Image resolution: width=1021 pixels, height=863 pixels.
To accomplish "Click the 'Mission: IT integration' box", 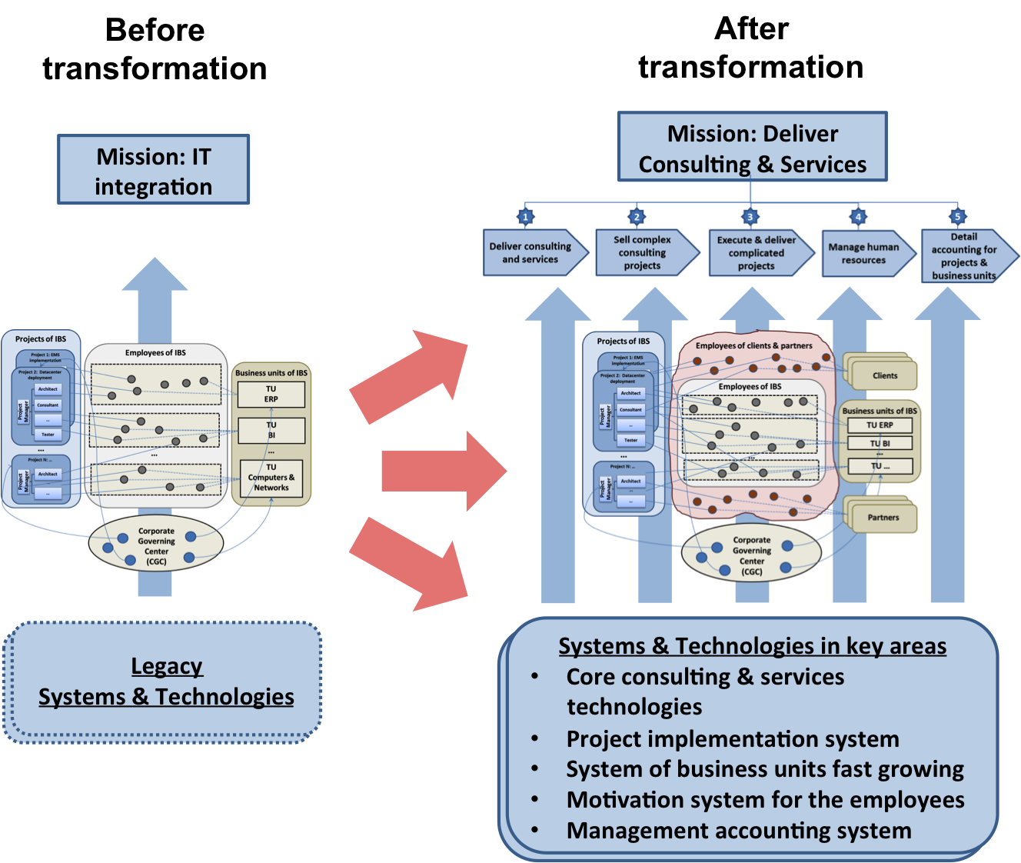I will click(x=154, y=170).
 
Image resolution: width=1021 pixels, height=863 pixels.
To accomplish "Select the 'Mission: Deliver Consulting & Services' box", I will click(x=752, y=148).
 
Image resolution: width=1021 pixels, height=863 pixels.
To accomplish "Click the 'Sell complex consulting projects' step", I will click(x=644, y=252).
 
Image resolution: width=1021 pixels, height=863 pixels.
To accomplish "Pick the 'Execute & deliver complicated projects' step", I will click(x=757, y=252).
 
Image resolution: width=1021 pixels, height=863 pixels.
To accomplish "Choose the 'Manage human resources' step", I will click(x=864, y=253).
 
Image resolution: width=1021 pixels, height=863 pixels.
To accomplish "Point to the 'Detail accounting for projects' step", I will click(x=965, y=255).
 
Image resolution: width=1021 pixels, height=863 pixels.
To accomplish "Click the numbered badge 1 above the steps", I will click(x=526, y=216).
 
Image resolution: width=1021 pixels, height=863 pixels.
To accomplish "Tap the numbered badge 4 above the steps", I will click(x=858, y=216).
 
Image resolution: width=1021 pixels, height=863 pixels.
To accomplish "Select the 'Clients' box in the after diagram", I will click(x=884, y=375).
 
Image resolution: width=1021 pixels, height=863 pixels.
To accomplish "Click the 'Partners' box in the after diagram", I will click(x=883, y=517).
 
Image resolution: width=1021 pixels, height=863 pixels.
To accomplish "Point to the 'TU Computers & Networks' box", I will click(x=271, y=478).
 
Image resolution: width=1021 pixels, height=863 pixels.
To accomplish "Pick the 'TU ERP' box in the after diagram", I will click(x=880, y=425).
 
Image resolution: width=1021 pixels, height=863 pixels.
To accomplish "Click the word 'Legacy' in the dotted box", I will click(x=167, y=666).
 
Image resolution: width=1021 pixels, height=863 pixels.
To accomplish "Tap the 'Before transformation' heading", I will click(x=155, y=49).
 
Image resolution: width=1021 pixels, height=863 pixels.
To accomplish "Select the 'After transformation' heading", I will click(x=751, y=48).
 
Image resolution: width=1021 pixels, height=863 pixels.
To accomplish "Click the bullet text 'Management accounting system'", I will click(x=739, y=831).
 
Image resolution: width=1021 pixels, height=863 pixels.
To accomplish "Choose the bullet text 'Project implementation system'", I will click(x=733, y=739).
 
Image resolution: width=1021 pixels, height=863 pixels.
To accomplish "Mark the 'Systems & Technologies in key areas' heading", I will click(x=752, y=646).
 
